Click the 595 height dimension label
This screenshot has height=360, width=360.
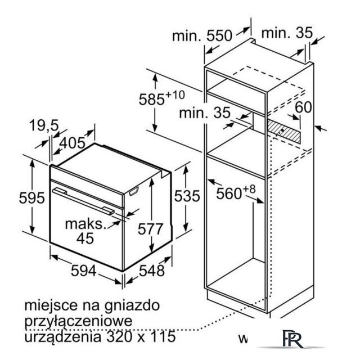coord(31,197)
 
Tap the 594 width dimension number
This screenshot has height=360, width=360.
coord(84,271)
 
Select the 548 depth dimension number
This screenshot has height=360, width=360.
coord(152,271)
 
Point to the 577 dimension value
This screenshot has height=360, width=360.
coord(150,229)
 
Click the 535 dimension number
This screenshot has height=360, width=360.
coord(187,196)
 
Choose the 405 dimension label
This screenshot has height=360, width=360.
coord(72,143)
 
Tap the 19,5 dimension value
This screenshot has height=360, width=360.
coord(44,125)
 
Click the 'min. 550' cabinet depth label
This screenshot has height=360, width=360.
coord(202,36)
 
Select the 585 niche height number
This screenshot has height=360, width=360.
coord(152,100)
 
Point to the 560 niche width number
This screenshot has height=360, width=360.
coord(229,193)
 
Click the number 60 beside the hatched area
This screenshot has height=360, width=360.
coord(303,107)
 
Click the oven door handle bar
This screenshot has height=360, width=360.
coord(83,201)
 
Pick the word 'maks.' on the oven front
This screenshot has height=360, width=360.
coord(86,224)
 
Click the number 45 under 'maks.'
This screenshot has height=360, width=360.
coord(85,238)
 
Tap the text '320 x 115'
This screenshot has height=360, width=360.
coord(141,336)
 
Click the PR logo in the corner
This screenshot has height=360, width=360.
coord(292,339)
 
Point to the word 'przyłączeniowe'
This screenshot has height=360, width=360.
coord(79,321)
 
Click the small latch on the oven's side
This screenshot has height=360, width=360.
coord(134,191)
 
